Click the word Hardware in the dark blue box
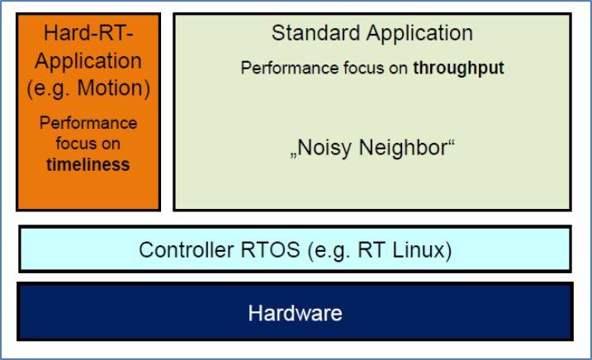296,313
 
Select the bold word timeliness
88,164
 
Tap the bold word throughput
458,69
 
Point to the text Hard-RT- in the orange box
88,33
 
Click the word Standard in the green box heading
315,33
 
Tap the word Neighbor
404,147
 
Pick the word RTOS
270,249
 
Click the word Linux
419,249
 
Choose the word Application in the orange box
88,62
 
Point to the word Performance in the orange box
88,123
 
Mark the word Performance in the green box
290,68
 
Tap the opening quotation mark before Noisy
293,155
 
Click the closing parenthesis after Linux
448,250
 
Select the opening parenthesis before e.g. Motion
30,89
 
